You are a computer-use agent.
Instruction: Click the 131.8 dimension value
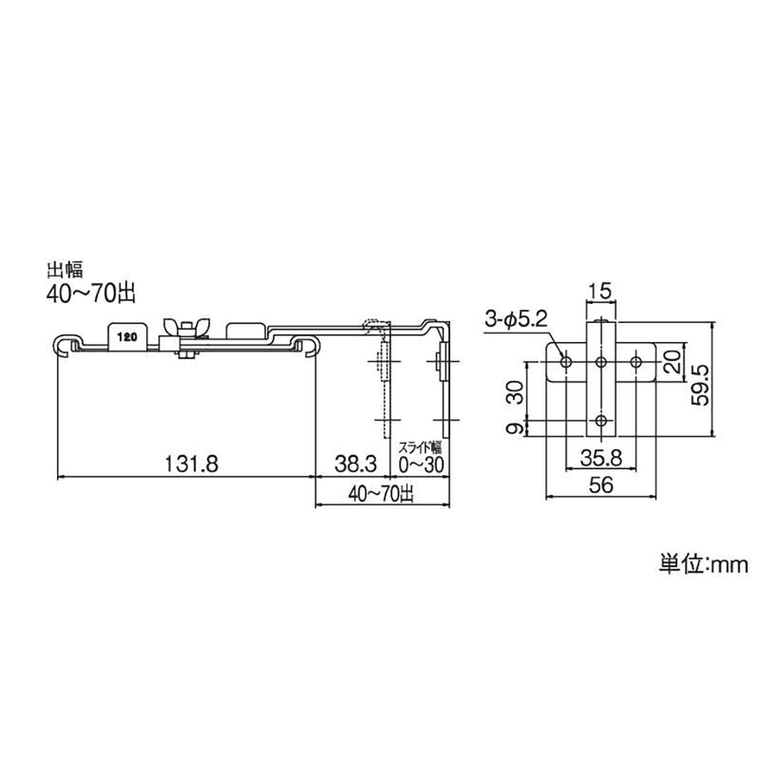pyautogui.click(x=192, y=464)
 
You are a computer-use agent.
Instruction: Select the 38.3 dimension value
pyautogui.click(x=355, y=464)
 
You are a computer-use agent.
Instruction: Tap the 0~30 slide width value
pyautogui.click(x=421, y=464)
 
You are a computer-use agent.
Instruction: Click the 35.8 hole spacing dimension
pyautogui.click(x=601, y=458)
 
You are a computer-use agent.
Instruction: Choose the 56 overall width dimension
pyautogui.click(x=601, y=485)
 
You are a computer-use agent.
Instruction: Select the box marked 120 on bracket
pyautogui.click(x=127, y=336)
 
